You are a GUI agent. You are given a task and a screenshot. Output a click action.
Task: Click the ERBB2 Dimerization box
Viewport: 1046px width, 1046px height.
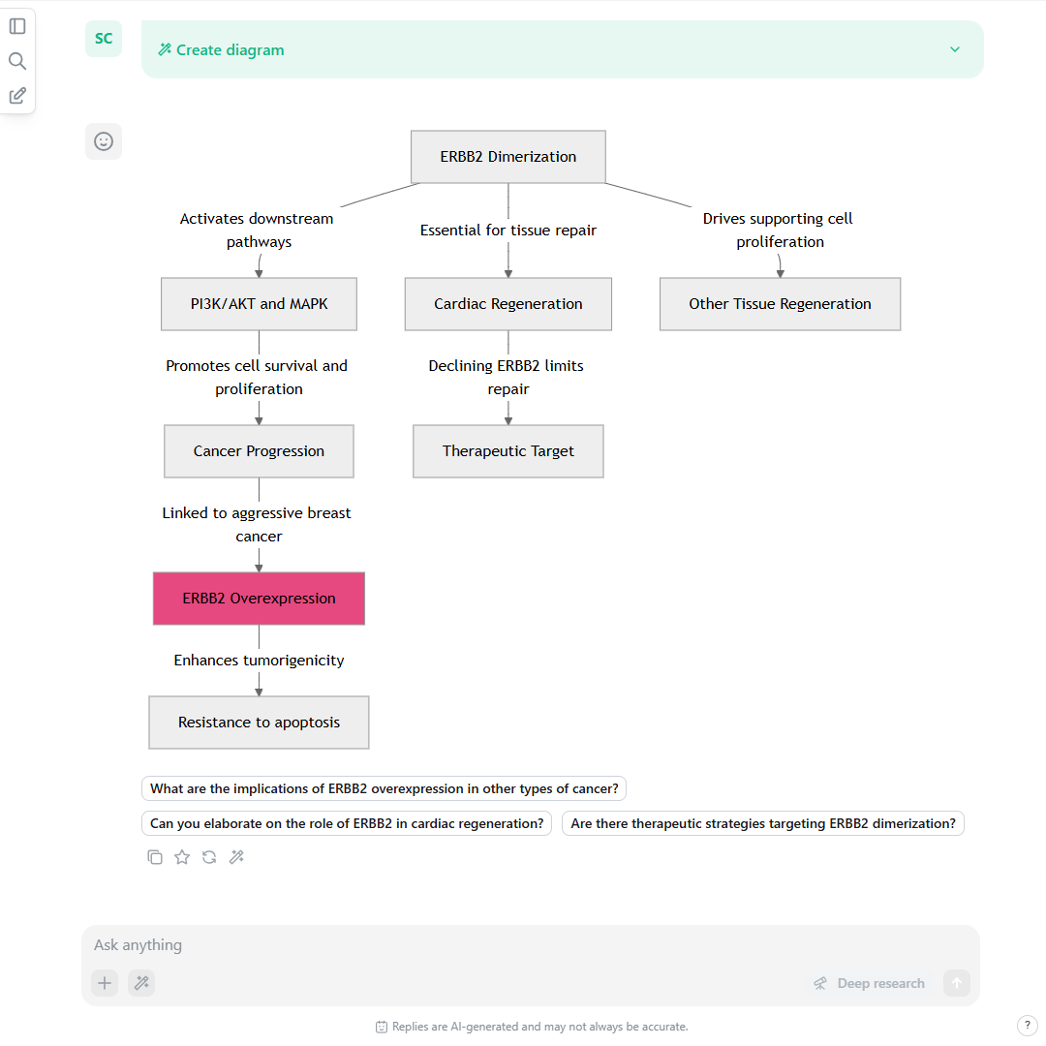point(508,157)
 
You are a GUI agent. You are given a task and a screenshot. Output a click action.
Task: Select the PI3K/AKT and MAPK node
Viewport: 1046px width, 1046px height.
point(259,304)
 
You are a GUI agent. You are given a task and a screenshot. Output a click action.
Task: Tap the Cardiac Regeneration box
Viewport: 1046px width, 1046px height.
point(508,304)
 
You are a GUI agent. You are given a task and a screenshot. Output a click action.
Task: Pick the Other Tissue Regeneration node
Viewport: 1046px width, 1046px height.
point(780,304)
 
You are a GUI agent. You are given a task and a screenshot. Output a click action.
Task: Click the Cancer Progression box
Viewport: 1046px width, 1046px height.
point(259,451)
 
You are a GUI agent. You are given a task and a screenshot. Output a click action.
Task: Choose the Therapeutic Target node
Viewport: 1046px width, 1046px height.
point(508,451)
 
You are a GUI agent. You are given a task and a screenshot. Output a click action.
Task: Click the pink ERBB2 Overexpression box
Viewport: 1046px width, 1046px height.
point(259,599)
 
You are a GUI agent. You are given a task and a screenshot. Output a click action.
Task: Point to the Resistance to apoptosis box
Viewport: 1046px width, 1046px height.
point(259,723)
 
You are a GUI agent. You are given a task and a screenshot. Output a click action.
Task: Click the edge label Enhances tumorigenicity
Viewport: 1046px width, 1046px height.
point(259,661)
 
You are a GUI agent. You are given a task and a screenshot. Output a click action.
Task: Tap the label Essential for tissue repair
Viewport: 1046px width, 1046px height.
point(508,231)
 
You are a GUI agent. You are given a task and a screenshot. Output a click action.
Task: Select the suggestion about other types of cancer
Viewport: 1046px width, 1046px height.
point(385,788)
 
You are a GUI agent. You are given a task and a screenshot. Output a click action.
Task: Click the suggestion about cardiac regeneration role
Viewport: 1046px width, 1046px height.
point(347,823)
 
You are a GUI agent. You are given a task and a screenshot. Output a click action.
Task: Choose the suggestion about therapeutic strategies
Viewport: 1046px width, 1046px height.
point(763,823)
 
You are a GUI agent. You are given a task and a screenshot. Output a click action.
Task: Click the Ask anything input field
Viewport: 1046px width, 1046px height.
point(531,945)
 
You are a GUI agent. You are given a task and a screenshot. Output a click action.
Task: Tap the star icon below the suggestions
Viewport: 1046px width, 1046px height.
point(182,857)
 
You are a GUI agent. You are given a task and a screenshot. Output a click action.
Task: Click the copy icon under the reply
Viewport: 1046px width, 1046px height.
point(155,857)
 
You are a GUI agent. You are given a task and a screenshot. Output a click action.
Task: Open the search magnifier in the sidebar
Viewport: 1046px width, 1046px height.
point(17,61)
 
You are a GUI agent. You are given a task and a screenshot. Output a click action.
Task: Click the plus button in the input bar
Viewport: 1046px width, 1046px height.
point(105,983)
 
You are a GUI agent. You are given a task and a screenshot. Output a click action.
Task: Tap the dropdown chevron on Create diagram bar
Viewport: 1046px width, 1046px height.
point(955,49)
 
